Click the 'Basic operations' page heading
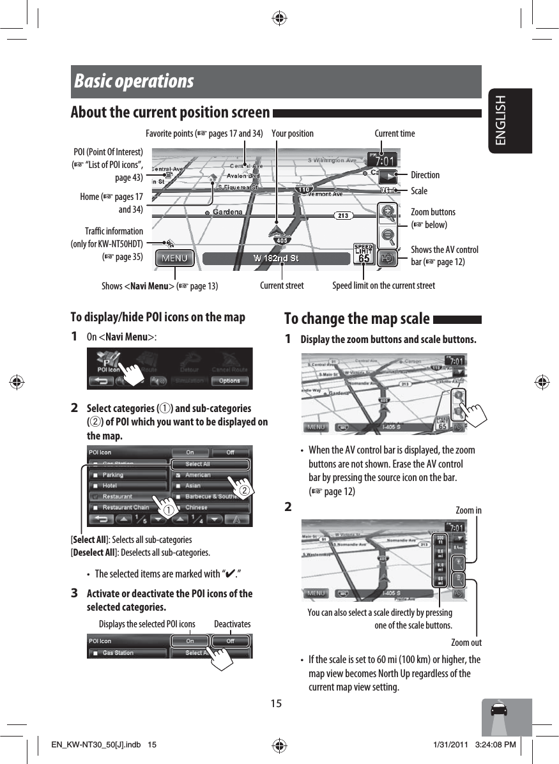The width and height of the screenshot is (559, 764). coord(134,82)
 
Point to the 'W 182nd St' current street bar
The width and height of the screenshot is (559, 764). coord(276,259)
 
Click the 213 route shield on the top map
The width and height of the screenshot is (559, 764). coord(343,215)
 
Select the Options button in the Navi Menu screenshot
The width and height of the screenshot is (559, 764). coord(229,381)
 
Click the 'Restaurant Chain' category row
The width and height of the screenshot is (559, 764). coord(127,508)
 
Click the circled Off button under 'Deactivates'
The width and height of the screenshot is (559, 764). coord(230,641)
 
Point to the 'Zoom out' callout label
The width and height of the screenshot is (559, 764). coord(466,643)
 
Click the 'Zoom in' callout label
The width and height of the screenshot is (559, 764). coord(468,510)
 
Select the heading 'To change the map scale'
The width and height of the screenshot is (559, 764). coord(356,318)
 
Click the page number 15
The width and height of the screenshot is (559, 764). coord(275,704)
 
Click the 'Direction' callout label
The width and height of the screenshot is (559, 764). coord(425,175)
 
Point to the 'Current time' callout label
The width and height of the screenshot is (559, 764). coord(394,134)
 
